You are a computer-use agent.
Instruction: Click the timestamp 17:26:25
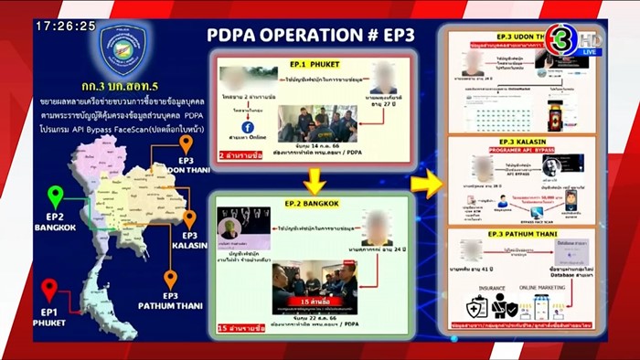(65, 26)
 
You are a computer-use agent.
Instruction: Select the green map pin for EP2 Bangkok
(56, 196)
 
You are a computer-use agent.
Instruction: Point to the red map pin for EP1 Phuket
(49, 289)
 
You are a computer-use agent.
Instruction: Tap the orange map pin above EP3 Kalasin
(190, 219)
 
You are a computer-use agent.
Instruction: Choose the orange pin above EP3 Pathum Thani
(170, 280)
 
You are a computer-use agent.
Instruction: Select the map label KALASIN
(189, 245)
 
